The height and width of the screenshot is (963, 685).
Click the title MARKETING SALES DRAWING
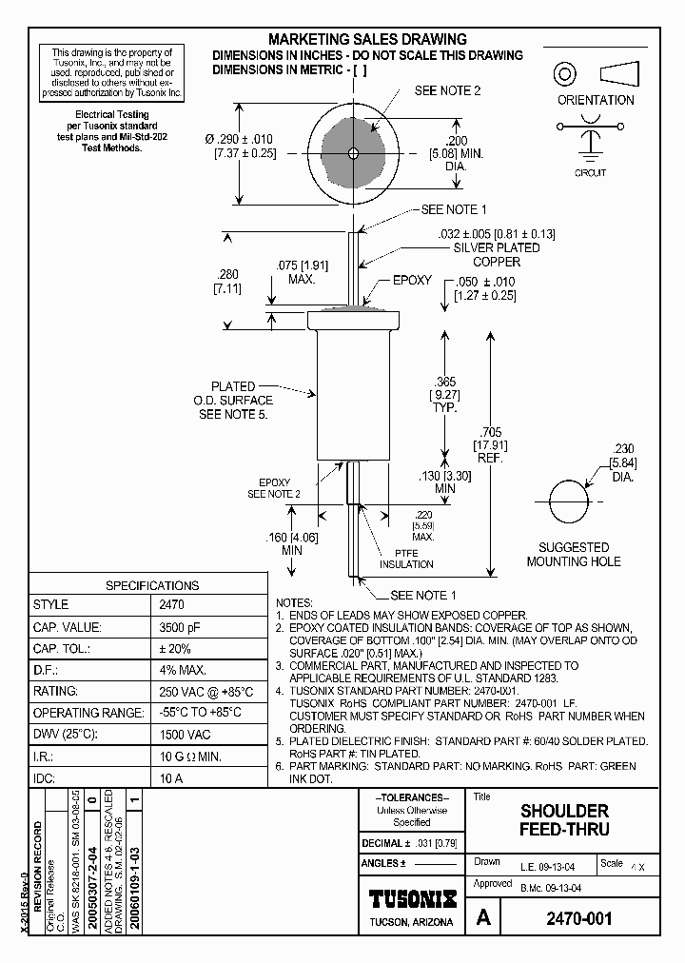click(x=367, y=39)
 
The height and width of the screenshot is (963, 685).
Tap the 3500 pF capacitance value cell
click(x=172, y=627)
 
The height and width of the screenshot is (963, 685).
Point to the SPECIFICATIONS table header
click(x=151, y=585)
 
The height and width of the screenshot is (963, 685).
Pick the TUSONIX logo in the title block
click(x=412, y=898)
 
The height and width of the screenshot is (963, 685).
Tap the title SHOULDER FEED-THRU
click(x=564, y=820)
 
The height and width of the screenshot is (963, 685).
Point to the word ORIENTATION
click(x=596, y=100)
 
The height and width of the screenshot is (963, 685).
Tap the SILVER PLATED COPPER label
click(x=497, y=254)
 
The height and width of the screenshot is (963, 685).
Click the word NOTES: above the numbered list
click(x=294, y=603)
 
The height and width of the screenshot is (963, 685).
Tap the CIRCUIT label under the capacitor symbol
click(x=590, y=173)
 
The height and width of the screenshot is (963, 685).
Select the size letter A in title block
click(x=484, y=918)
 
